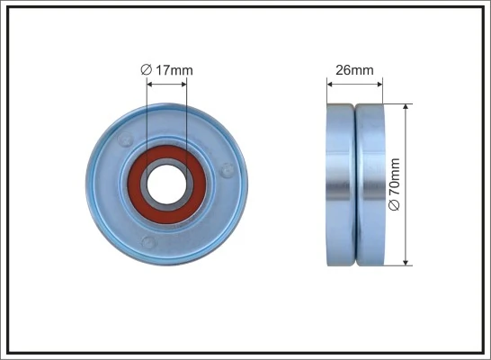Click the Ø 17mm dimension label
point(166,69)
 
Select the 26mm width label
point(354,69)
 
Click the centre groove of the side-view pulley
point(354,184)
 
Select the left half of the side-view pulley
point(340,184)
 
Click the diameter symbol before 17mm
point(146,69)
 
